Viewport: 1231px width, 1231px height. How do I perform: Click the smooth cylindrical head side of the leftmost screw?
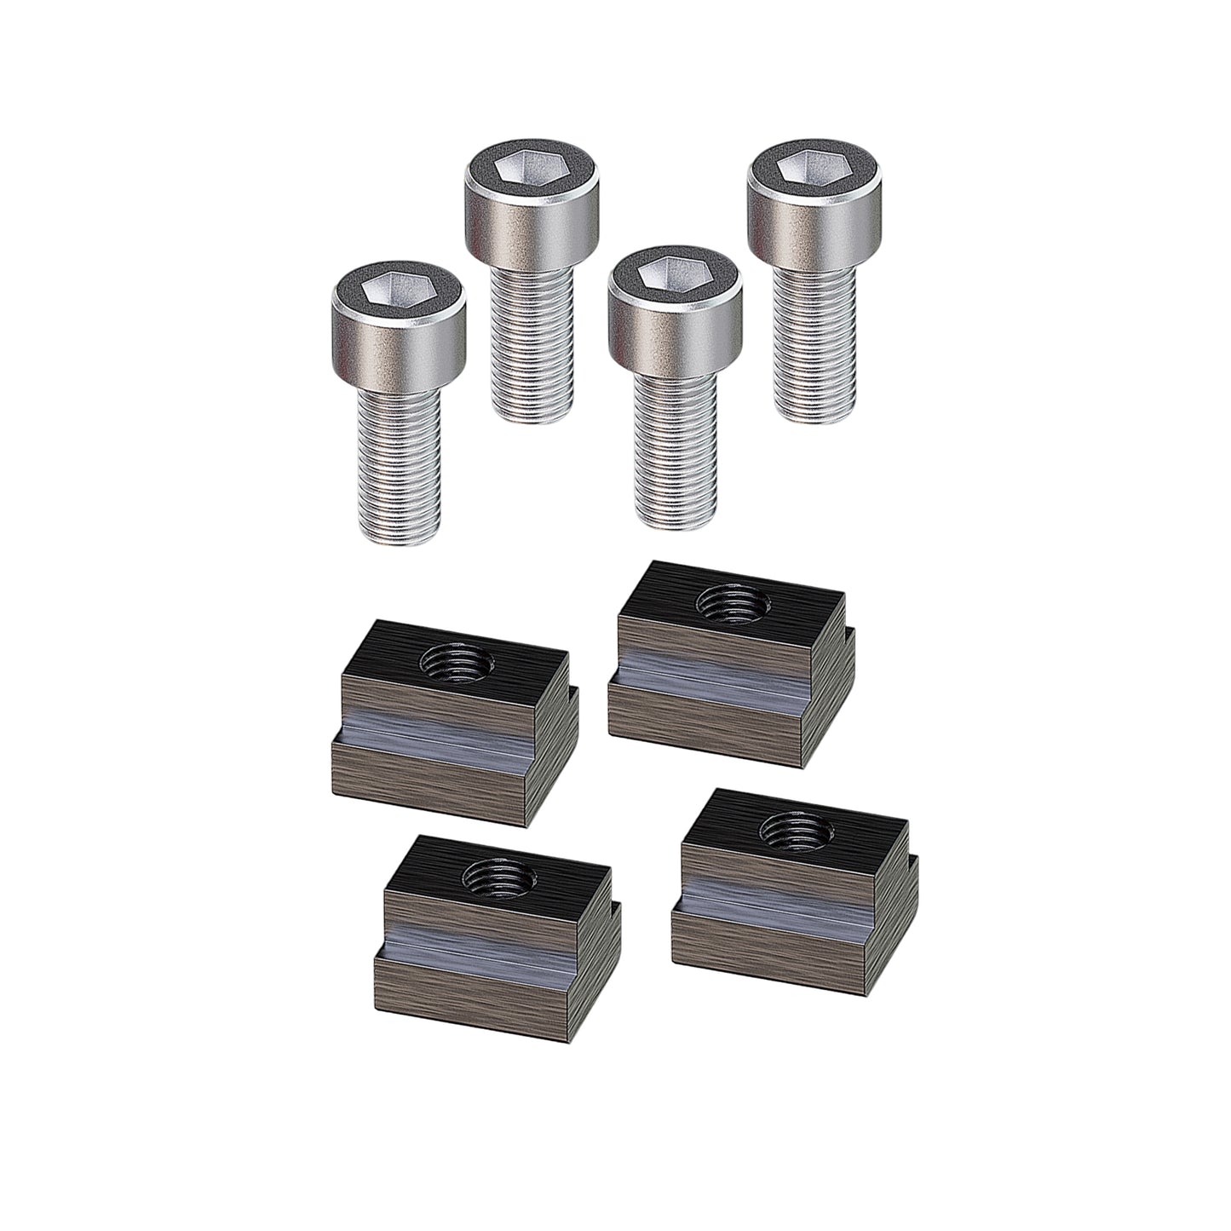pyautogui.click(x=398, y=349)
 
